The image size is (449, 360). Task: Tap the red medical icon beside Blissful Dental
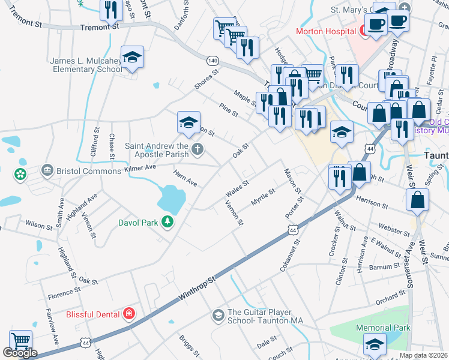click(x=128, y=313)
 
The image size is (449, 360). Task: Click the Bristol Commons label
click(x=85, y=171)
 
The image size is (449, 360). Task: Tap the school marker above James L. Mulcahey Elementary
click(x=132, y=57)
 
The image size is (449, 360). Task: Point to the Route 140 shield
click(x=212, y=61)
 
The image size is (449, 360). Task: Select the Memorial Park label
click(x=383, y=328)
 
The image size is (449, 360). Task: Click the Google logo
click(x=20, y=353)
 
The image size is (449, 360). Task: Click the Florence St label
click(x=64, y=293)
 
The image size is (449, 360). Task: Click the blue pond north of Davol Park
click(x=170, y=198)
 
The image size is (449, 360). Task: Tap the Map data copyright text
click(x=423, y=355)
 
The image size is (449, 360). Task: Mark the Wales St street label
click(x=237, y=189)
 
